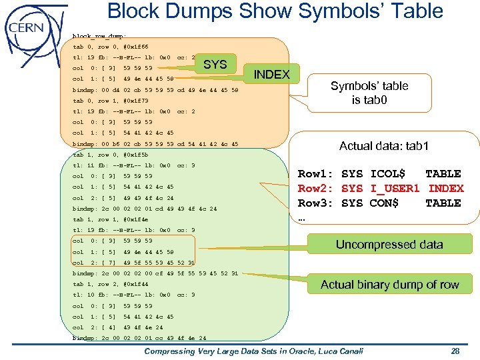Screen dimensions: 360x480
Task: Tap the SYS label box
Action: click(215, 65)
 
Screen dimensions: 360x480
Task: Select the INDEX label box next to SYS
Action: click(272, 74)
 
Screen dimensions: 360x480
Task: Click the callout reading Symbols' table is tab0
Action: click(379, 93)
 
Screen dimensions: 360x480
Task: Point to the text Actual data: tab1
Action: click(384, 146)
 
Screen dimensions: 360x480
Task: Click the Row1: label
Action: click(313, 174)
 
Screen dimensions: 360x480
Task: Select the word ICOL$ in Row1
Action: click(387, 174)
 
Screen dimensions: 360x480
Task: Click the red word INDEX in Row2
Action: click(445, 189)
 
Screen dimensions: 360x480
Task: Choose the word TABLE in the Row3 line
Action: click(443, 203)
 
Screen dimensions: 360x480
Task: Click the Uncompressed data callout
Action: click(389, 244)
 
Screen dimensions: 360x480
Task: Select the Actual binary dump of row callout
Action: click(389, 285)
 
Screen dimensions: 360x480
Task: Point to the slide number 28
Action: click(455, 351)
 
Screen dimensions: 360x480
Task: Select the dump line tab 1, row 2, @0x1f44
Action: click(110, 284)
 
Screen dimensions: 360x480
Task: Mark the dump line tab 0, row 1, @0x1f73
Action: click(110, 101)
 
